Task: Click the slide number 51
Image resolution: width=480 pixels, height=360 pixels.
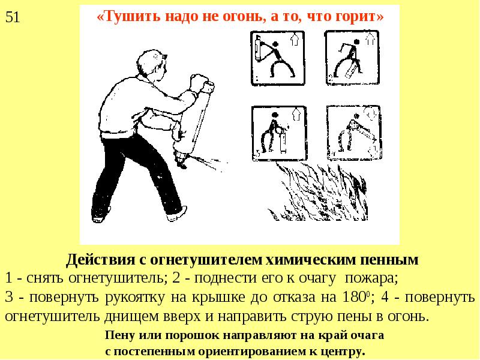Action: coord(13,17)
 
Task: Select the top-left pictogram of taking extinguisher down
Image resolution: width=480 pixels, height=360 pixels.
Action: coord(277,58)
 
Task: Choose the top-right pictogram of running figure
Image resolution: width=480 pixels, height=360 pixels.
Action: coord(352,58)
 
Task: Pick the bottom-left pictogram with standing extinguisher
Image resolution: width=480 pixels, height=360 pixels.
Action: coord(279,133)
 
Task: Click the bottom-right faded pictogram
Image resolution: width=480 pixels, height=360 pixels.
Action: coord(354,133)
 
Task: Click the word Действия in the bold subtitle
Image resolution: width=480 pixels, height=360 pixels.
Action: coord(100,260)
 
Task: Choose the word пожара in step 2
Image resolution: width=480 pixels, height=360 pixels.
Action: coord(370,278)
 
